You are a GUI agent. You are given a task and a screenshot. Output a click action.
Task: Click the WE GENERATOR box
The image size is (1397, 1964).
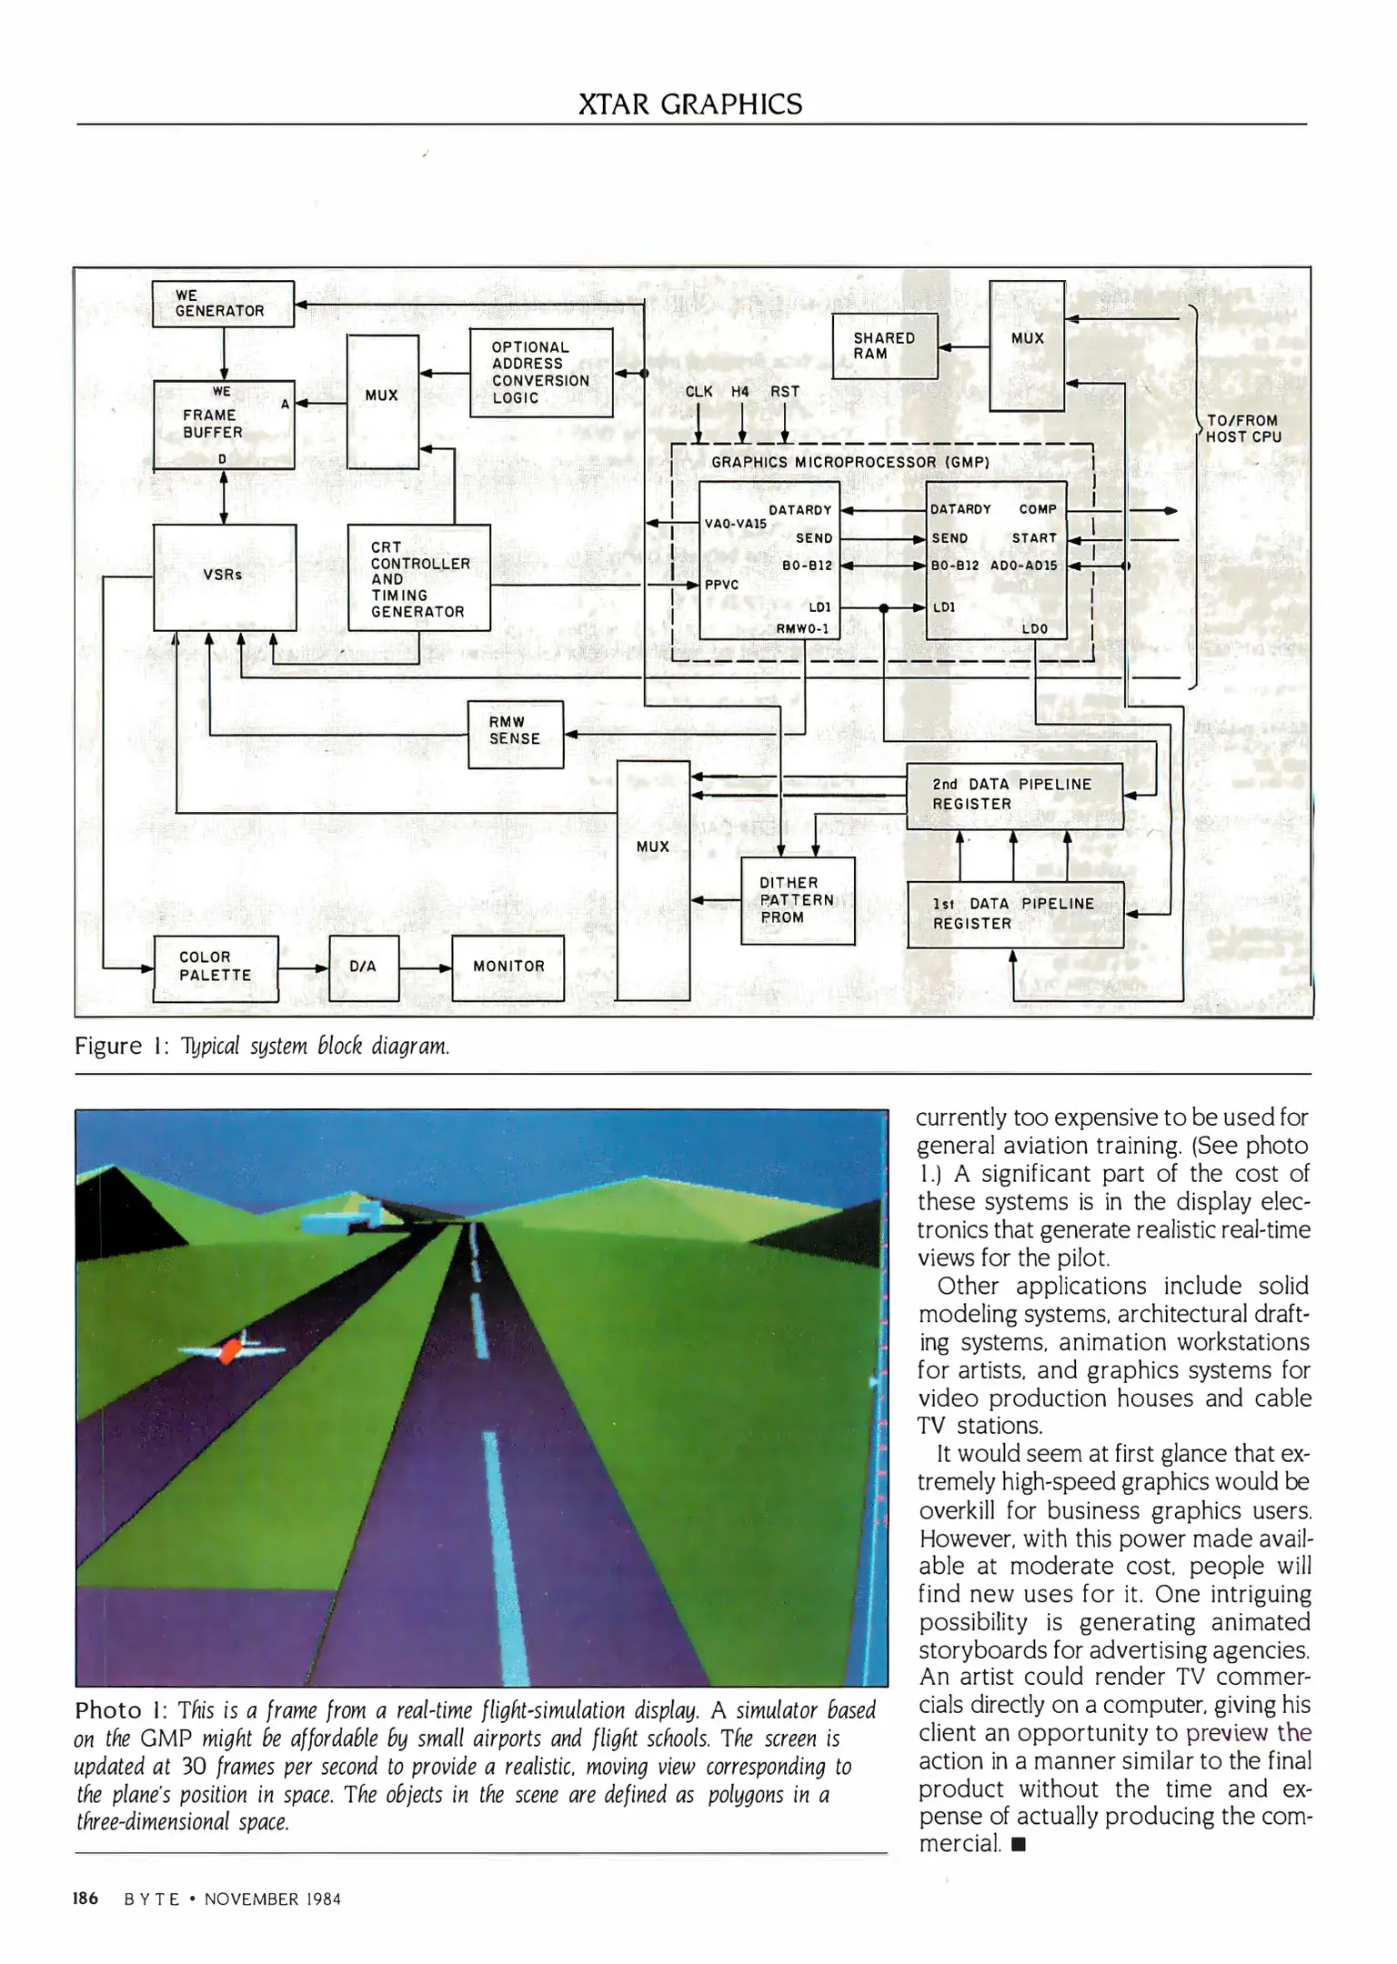pos(222,304)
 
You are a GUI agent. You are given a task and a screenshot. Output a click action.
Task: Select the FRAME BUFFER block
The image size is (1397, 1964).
pos(224,425)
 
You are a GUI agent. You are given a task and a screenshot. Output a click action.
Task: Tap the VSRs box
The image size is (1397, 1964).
pos(225,576)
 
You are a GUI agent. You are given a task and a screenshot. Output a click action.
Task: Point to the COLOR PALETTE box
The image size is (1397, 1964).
pos(216,967)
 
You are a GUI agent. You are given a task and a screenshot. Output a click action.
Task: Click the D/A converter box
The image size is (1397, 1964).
pos(364,967)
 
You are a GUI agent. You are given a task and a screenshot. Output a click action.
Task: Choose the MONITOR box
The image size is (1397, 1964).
pos(508,967)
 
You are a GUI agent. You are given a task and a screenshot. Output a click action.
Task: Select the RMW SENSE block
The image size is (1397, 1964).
pos(515,733)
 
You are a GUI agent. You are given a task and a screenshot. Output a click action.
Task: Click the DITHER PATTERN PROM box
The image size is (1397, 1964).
pos(797,900)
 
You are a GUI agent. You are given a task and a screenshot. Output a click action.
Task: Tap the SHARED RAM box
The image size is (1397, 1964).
pos(884,346)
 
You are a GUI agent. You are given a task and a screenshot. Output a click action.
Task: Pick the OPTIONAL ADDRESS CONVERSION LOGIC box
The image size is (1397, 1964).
pos(540,373)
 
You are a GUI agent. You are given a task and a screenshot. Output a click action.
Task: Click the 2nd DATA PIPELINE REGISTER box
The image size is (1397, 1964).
pos(1014,795)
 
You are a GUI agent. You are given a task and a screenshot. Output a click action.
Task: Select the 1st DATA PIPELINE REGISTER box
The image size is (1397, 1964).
pos(1015,914)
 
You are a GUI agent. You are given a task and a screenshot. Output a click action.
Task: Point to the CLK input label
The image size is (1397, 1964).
pos(698,392)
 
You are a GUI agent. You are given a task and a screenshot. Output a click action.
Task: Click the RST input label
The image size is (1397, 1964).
pos(785,392)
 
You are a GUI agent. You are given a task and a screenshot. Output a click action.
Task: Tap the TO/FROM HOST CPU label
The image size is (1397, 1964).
pos(1242,428)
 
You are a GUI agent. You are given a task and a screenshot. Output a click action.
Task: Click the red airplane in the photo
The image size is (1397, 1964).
pos(230,1348)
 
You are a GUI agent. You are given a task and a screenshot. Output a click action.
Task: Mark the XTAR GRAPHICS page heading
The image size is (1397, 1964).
pos(690,105)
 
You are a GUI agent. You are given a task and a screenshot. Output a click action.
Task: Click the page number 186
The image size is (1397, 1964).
pos(85,1899)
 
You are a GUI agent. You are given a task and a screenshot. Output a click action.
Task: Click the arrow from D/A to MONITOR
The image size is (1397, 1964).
pos(426,968)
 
